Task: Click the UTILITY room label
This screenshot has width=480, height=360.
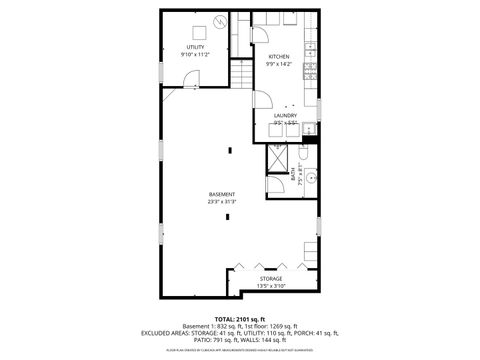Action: click(195, 47)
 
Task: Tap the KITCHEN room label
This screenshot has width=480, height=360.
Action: click(277, 57)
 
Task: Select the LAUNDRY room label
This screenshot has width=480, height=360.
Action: click(285, 115)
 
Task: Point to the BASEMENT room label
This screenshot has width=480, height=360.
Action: click(222, 194)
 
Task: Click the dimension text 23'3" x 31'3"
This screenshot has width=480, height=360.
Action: click(222, 202)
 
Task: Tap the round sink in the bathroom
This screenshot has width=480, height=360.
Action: click(310, 177)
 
